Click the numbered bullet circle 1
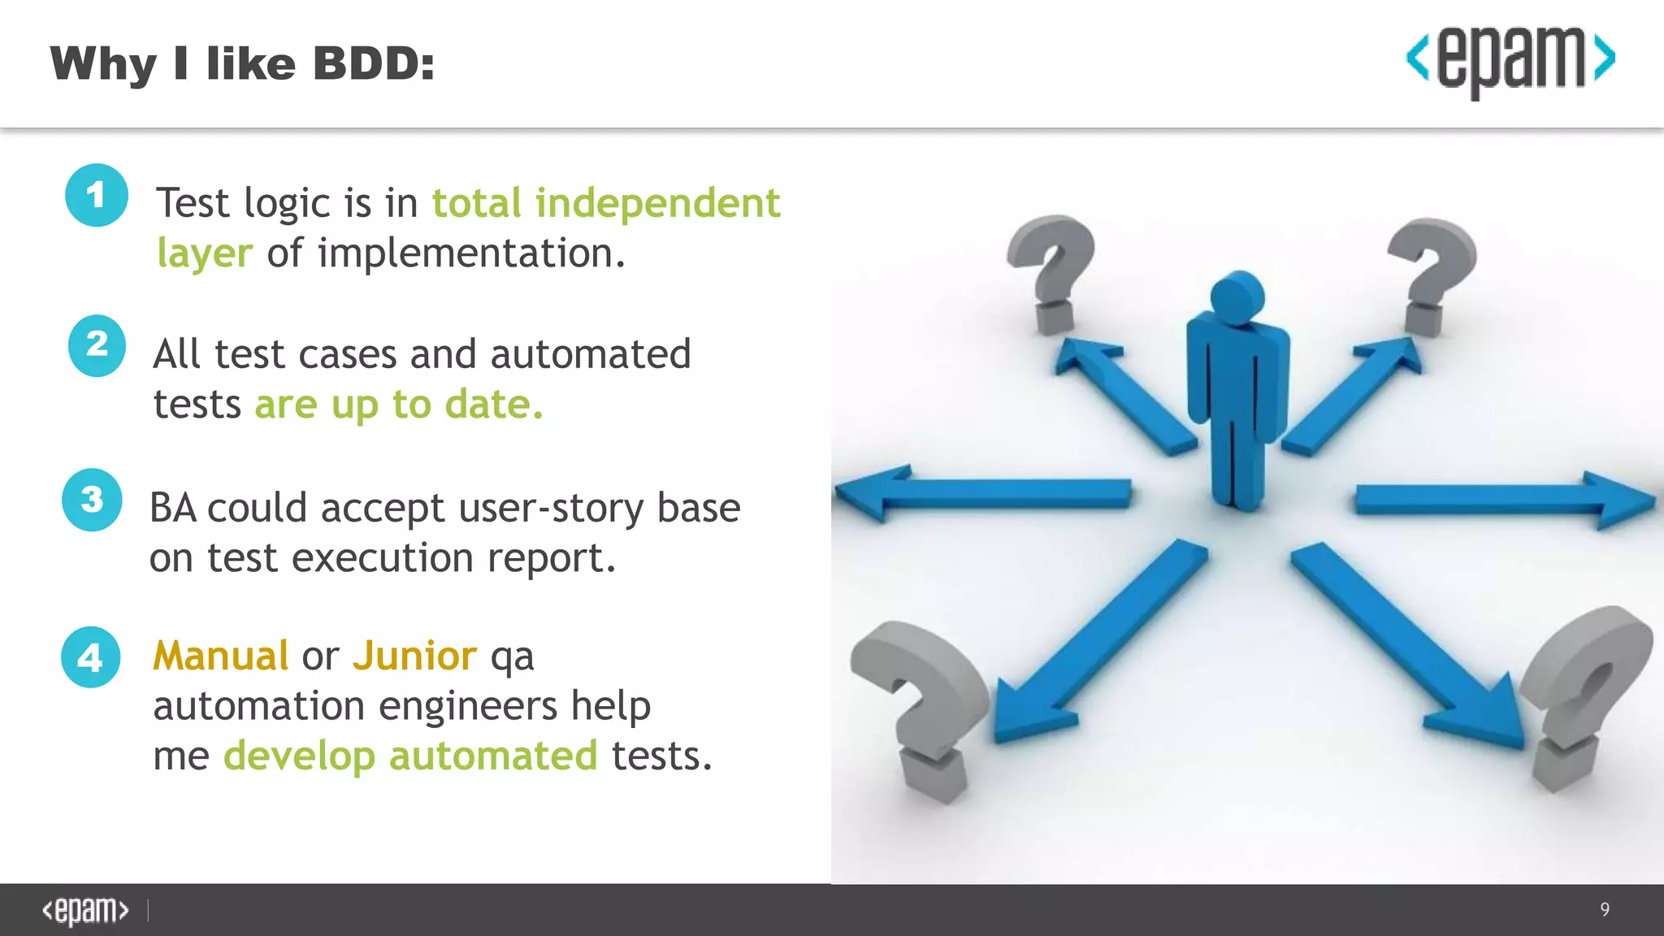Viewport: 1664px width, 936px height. coord(97,195)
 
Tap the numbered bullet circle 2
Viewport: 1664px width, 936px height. coord(97,345)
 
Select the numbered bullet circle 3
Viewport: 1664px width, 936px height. coord(92,500)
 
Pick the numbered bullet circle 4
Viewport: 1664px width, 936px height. coord(90,657)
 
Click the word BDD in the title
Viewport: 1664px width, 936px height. coord(375,63)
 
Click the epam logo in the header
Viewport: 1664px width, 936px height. coord(1510,60)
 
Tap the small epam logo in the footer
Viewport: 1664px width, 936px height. coord(85,910)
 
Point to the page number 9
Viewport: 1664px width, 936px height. coord(1604,909)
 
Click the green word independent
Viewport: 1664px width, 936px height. coord(657,203)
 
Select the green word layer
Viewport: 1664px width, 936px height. coord(205,253)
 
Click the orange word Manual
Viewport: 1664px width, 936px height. coord(221,656)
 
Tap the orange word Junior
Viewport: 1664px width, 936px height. coord(414,656)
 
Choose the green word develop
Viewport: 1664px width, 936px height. coord(299,756)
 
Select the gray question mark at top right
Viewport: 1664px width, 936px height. coord(1432,272)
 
